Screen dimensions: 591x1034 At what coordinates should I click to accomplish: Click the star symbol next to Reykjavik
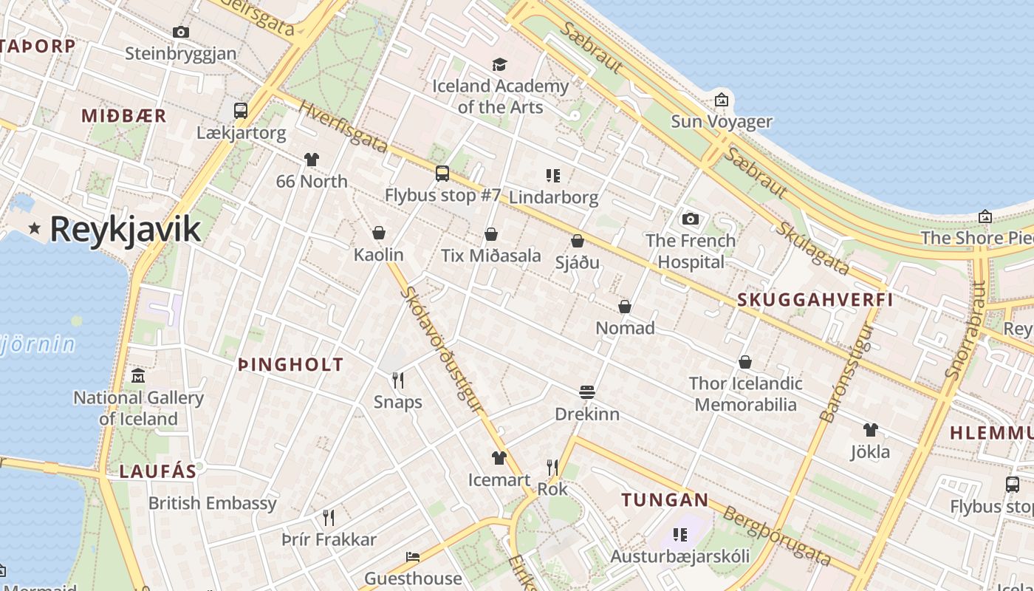click(34, 228)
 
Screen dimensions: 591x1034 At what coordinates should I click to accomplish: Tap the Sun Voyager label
click(721, 121)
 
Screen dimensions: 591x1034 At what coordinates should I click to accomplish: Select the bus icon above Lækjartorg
click(241, 111)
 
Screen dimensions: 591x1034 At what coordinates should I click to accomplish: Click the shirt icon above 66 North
click(311, 160)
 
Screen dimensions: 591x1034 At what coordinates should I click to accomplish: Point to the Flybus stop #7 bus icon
click(442, 174)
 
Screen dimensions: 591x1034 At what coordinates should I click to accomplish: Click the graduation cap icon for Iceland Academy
click(500, 65)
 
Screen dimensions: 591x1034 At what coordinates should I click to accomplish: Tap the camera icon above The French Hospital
click(691, 219)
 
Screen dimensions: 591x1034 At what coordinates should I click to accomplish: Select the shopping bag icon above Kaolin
click(379, 233)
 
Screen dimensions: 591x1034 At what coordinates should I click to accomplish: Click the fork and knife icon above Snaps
click(398, 380)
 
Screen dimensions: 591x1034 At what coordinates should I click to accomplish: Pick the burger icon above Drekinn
click(587, 392)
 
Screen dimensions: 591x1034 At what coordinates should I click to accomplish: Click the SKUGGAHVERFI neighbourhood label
click(815, 300)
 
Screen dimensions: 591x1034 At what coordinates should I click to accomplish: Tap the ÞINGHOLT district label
click(291, 364)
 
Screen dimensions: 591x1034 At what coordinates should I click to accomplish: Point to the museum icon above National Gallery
click(138, 376)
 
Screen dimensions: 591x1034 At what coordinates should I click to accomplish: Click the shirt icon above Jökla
click(870, 430)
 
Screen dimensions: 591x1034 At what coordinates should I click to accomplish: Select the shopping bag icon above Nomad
click(625, 307)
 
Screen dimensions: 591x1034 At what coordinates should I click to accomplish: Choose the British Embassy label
click(213, 503)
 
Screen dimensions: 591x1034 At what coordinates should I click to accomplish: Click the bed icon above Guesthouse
click(413, 556)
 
